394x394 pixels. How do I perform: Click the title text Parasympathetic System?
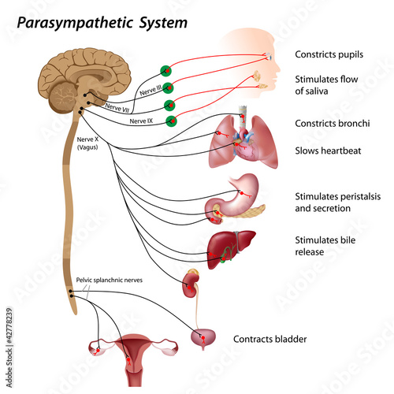point(102,23)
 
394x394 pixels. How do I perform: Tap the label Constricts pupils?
point(329,54)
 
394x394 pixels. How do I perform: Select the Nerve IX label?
point(141,121)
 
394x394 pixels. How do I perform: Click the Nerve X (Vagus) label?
point(87,143)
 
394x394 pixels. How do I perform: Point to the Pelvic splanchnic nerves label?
point(110,280)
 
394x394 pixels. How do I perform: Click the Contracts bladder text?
point(270,339)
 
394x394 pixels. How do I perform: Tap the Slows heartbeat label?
point(328,151)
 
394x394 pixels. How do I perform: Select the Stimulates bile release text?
point(325,246)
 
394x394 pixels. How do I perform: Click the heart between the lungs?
point(245,148)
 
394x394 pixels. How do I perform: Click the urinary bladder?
point(203,339)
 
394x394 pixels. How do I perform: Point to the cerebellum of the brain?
point(63,97)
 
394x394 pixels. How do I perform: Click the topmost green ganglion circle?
point(166,71)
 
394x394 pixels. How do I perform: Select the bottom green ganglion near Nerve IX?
point(172,121)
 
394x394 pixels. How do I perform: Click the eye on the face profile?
point(269,55)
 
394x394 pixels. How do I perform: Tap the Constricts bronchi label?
point(333,124)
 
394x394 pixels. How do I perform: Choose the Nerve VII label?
point(117,108)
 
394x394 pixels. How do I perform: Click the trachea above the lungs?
point(243,115)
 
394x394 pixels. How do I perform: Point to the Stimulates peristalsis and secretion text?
point(338,203)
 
